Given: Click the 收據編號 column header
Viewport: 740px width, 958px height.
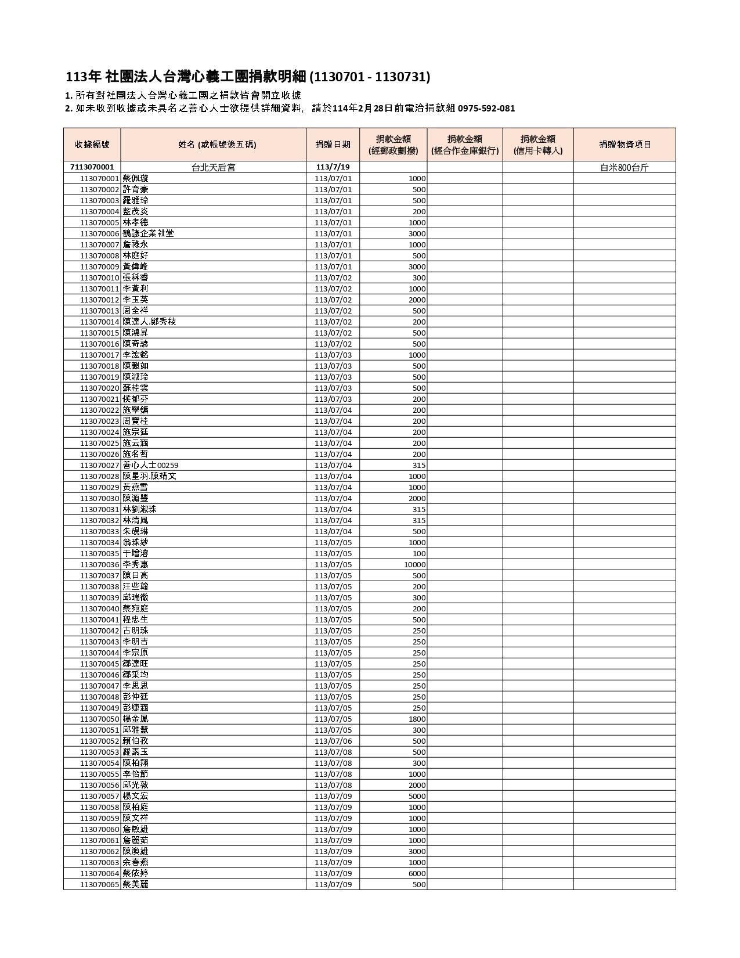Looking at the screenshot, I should pyautogui.click(x=92, y=145).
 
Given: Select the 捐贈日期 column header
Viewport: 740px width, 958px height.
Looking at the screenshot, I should pyautogui.click(x=333, y=145).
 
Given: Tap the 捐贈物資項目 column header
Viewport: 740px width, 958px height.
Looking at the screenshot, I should pyautogui.click(x=625, y=145).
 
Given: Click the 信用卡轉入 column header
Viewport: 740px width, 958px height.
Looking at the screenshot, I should pyautogui.click(x=537, y=145).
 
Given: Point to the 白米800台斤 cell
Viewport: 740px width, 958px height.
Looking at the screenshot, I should pyautogui.click(x=625, y=167).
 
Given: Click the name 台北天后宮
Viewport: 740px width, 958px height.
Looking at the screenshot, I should pyautogui.click(x=213, y=167).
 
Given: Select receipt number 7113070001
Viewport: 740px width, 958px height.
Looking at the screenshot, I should pyautogui.click(x=92, y=167).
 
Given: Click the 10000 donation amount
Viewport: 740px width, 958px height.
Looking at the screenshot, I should pyautogui.click(x=415, y=564).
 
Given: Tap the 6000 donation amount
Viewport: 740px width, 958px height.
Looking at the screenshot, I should pyautogui.click(x=417, y=873).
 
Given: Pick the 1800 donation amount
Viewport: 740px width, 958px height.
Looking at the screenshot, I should pyautogui.click(x=417, y=719).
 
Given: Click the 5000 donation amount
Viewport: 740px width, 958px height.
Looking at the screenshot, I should pyautogui.click(x=417, y=796).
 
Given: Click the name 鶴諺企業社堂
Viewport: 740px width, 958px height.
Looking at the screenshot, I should pyautogui.click(x=148, y=233).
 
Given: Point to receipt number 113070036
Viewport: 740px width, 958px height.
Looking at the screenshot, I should pyautogui.click(x=99, y=564).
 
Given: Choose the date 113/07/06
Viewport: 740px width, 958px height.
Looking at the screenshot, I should pyautogui.click(x=333, y=741).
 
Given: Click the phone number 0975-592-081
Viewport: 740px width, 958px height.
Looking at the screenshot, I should pyautogui.click(x=486, y=109).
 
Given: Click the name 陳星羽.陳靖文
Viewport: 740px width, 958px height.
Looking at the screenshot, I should pyautogui.click(x=149, y=476).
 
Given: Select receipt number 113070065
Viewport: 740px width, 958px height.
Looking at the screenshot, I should pyautogui.click(x=99, y=884).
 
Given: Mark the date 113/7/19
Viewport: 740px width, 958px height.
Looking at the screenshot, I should pyautogui.click(x=333, y=167).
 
